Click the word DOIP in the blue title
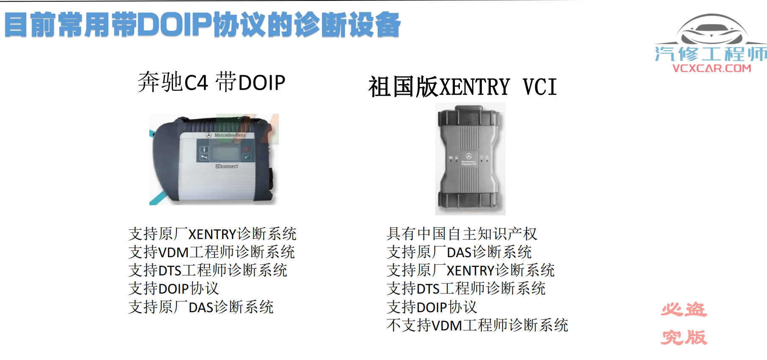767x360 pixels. (x=174, y=25)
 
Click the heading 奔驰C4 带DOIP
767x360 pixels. (x=211, y=82)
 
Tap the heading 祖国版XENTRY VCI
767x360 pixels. (x=462, y=87)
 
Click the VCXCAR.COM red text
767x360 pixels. (x=712, y=68)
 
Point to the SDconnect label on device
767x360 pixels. (x=226, y=166)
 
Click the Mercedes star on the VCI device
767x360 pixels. (x=469, y=156)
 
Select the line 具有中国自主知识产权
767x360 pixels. (x=461, y=234)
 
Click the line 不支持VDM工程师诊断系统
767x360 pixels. (x=477, y=325)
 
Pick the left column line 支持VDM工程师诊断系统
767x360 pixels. (x=212, y=252)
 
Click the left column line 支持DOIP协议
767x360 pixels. (x=173, y=289)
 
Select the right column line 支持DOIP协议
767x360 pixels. (x=432, y=307)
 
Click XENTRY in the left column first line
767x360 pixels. (x=212, y=234)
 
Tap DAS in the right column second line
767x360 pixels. (x=459, y=253)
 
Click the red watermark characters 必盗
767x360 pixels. (x=684, y=310)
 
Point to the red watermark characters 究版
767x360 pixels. (x=684, y=337)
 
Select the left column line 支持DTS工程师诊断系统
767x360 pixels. (x=208, y=270)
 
